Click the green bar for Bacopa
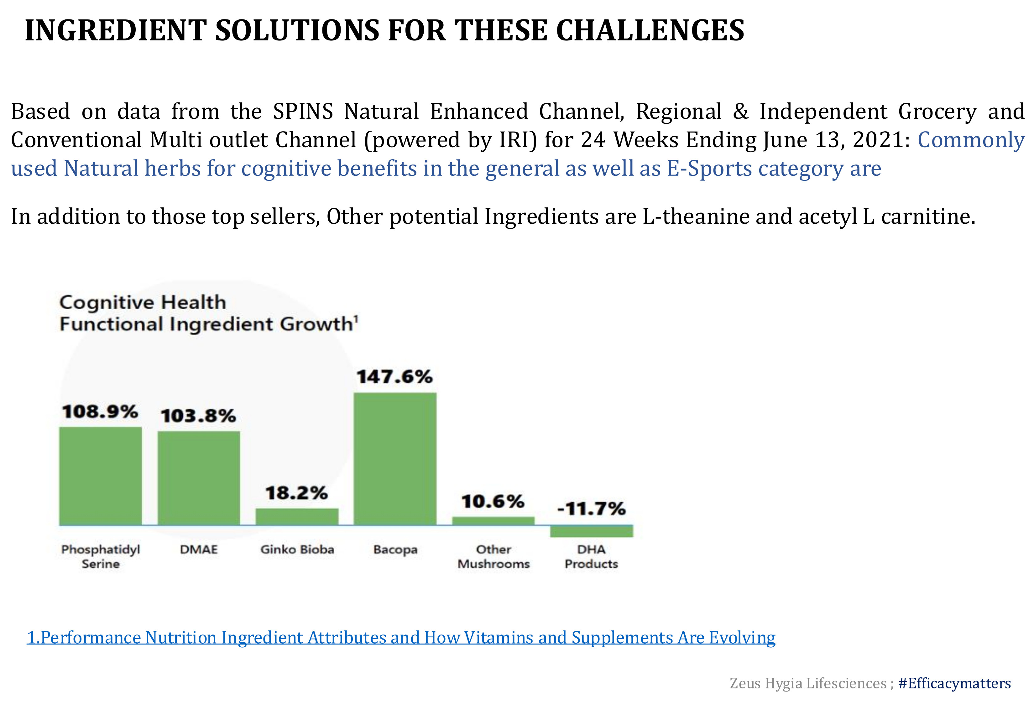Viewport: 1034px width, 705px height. (395, 459)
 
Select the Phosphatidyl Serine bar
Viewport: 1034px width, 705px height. (101, 476)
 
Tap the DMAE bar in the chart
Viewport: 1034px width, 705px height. (199, 478)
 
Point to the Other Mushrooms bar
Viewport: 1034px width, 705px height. (494, 521)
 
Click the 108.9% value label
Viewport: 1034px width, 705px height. (100, 411)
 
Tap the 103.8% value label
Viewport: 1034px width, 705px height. (198, 416)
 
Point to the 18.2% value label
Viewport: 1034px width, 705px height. (297, 493)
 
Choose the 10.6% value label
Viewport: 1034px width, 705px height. (493, 501)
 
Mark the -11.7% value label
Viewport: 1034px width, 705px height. (591, 509)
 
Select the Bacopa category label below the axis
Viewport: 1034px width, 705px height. (395, 550)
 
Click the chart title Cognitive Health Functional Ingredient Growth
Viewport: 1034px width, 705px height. (209, 313)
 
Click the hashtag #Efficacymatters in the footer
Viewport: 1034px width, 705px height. (955, 683)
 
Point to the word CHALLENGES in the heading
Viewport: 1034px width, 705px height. (650, 30)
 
